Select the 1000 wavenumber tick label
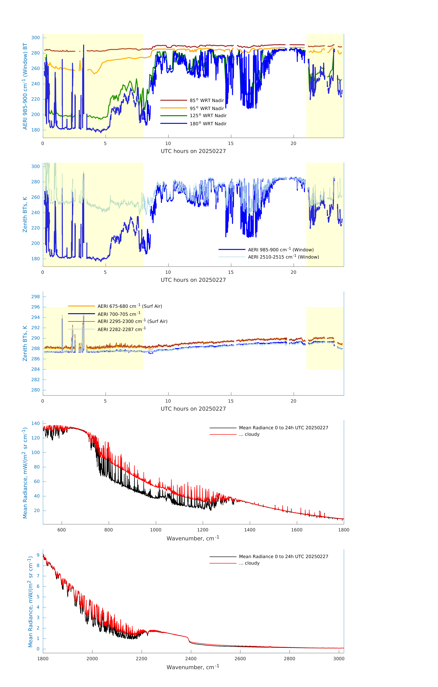(x=156, y=530)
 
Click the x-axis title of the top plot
(x=193, y=151)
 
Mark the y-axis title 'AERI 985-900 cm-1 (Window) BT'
(x=25, y=86)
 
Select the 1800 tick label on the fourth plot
(x=344, y=530)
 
